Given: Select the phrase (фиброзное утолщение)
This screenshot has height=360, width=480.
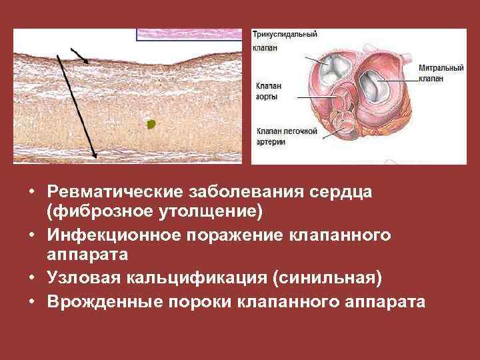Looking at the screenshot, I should [x=155, y=212].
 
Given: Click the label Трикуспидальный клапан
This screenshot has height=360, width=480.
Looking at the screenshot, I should [x=284, y=41].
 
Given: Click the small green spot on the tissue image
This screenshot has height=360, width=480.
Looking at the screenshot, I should [x=151, y=123].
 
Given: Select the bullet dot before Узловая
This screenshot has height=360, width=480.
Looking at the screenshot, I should [x=32, y=278].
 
